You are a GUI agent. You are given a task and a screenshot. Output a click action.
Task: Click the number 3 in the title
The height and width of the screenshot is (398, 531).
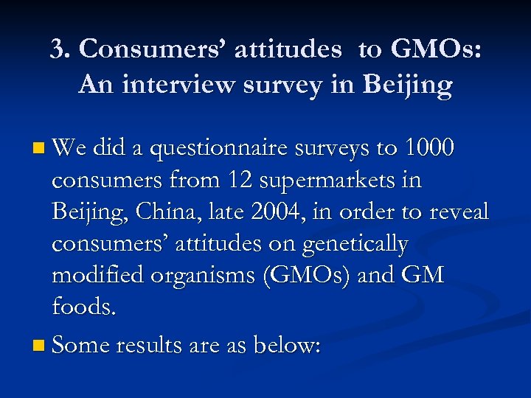58,49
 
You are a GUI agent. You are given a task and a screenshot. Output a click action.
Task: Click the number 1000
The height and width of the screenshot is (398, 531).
430,150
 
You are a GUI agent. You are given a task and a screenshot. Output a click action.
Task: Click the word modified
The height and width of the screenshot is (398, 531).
100,276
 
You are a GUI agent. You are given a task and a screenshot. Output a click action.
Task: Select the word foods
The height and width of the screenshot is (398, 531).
84,307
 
